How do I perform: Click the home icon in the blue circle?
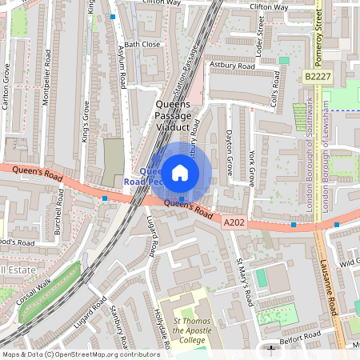click(x=180, y=172)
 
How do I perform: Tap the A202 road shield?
click(x=233, y=222)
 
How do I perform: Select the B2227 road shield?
click(x=317, y=76)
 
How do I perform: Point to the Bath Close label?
click(x=142, y=45)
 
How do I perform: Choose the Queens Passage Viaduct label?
click(x=172, y=117)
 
